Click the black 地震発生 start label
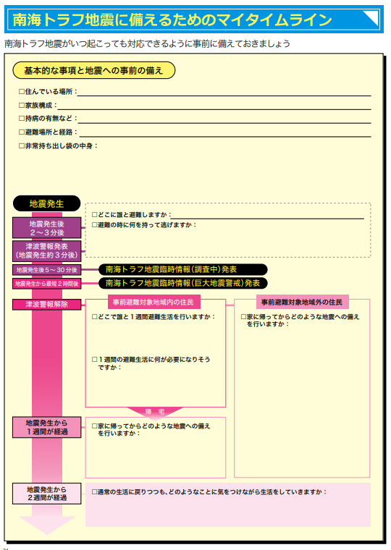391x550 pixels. (x=46, y=203)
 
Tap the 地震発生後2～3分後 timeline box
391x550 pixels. (x=46, y=228)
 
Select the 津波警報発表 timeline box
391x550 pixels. (x=46, y=251)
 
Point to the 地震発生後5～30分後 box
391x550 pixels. (x=46, y=270)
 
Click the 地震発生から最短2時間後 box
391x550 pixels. (x=46, y=284)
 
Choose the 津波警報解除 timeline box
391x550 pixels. (x=46, y=304)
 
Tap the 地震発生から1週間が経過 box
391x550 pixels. (x=46, y=427)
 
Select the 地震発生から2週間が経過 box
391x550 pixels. (x=46, y=494)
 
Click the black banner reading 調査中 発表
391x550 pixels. (x=182, y=269)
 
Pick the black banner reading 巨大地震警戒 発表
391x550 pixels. (x=182, y=283)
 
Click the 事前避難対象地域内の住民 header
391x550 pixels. (x=154, y=302)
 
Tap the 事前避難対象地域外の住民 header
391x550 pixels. (x=302, y=302)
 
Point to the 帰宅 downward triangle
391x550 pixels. (x=155, y=412)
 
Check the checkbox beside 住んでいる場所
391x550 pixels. (x=22, y=92)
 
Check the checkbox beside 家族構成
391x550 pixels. (x=22, y=105)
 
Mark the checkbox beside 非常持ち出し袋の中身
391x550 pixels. (x=22, y=145)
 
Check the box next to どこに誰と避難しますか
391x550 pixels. (x=94, y=214)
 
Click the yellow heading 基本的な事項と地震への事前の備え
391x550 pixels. (x=93, y=70)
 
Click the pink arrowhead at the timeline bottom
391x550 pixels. (x=47, y=525)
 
